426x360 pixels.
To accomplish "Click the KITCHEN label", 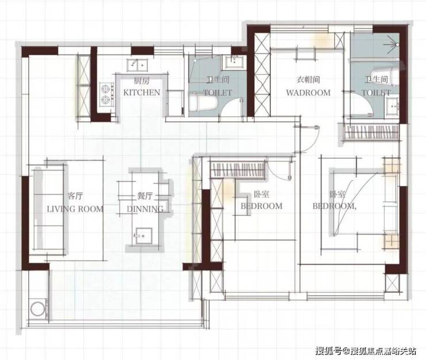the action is click(x=142, y=93).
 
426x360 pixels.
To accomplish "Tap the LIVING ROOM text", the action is click(x=75, y=209).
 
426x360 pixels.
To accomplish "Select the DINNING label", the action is click(x=145, y=209).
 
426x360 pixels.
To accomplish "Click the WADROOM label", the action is click(x=309, y=93).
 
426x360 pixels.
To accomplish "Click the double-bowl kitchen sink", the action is click(x=137, y=65).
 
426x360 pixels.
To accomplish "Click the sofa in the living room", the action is click(x=49, y=209).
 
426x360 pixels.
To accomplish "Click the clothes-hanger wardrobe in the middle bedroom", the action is click(x=238, y=170).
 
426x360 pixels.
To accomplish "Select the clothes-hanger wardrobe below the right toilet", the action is click(x=371, y=132).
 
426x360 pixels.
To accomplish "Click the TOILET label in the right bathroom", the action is click(x=376, y=93).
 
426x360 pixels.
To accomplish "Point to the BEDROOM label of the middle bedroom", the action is click(x=261, y=206).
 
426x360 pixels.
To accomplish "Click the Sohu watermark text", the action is click(x=366, y=351).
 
